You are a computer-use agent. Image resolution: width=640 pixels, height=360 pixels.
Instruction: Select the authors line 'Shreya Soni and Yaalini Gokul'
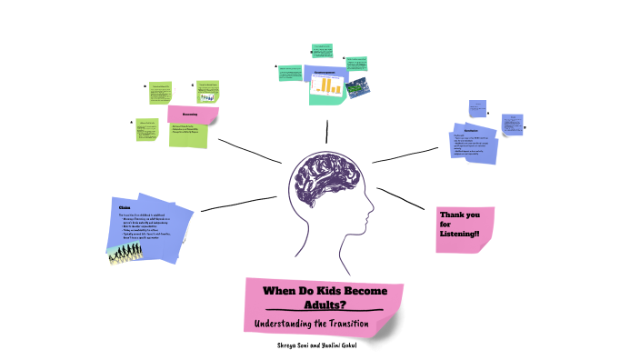click(x=318, y=345)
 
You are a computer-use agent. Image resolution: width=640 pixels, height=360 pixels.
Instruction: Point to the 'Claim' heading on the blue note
click(x=125, y=208)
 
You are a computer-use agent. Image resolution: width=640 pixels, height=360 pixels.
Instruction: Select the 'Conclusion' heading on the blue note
click(x=458, y=132)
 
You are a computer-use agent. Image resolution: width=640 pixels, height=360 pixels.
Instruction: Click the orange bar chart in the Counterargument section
click(x=327, y=85)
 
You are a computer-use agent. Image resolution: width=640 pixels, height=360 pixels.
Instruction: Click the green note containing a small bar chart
click(x=208, y=91)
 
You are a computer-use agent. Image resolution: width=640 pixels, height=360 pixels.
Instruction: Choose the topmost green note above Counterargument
click(x=322, y=51)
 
